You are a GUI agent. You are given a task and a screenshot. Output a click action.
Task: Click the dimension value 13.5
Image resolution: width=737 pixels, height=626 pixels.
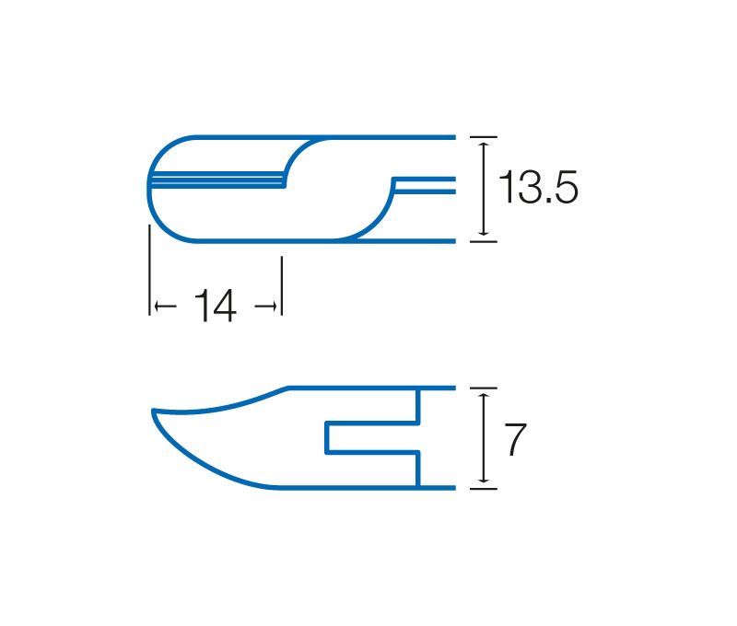coord(538,188)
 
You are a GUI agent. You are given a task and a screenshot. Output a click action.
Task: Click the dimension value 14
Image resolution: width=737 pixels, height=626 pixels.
coord(216,306)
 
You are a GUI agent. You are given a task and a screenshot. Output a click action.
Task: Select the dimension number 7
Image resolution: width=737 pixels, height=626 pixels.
coord(515,439)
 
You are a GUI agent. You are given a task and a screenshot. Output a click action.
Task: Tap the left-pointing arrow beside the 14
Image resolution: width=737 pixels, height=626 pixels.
coord(165,307)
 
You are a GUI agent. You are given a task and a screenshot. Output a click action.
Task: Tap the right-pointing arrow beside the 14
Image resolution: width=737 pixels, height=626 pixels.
coord(266,307)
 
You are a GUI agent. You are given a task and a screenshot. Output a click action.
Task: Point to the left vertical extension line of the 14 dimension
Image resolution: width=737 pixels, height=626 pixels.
coord(149,270)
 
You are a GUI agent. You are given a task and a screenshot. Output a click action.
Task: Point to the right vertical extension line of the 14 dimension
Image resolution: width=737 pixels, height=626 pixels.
coord(282,285)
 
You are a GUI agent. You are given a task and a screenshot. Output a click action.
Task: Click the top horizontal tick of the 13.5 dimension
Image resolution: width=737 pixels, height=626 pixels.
coord(483,137)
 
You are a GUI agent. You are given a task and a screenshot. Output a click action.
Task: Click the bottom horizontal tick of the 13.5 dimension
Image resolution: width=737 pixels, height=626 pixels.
coord(483,242)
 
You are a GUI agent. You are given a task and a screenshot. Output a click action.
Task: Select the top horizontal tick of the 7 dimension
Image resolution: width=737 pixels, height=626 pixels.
coord(483,388)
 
